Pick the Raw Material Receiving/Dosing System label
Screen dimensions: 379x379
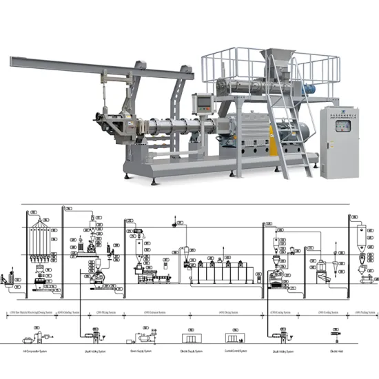pyautogui.click(x=34, y=312)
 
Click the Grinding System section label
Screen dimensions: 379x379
pyautogui.click(x=69, y=312)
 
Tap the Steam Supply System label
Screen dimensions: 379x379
pyautogui.click(x=141, y=350)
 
